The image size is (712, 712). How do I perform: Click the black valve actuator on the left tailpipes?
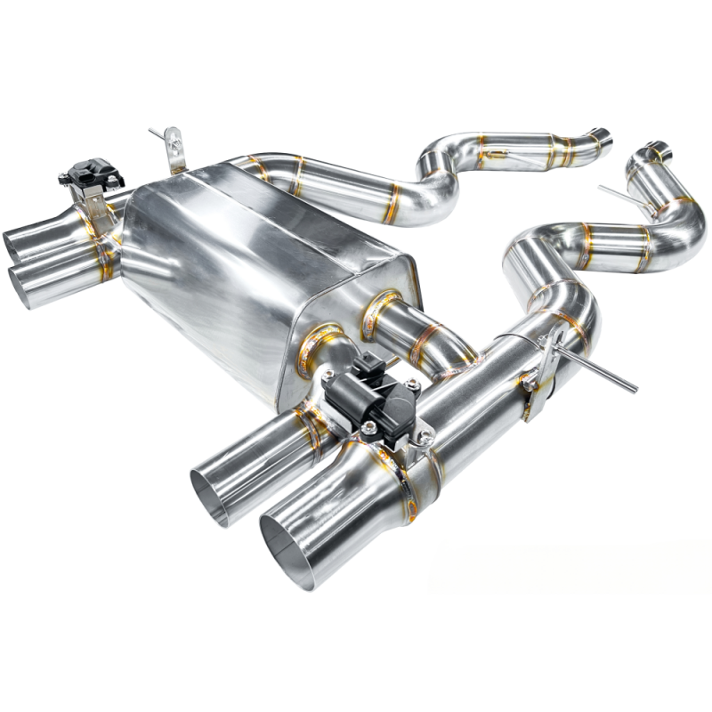coord(90,172)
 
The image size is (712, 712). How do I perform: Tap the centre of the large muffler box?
coord(258,267)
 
